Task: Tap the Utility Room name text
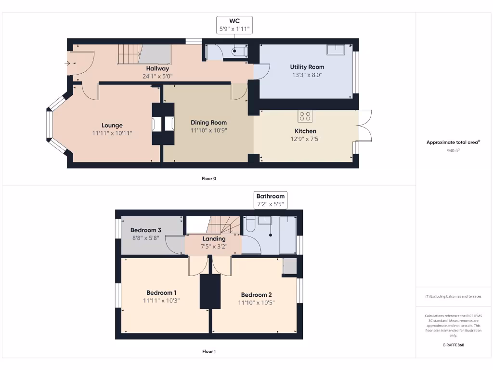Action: click(x=307, y=67)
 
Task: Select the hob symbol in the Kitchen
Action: click(x=305, y=116)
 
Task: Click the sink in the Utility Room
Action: click(x=336, y=50)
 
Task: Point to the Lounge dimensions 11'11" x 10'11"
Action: click(x=112, y=133)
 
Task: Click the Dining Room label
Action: click(x=208, y=122)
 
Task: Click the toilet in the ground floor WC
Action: click(x=239, y=52)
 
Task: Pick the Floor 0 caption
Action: click(x=208, y=178)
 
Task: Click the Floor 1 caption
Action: click(x=208, y=351)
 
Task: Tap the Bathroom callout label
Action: click(x=270, y=196)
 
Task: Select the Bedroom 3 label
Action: click(x=145, y=230)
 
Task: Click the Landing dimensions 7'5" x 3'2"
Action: click(x=214, y=246)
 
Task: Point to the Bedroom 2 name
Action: click(x=256, y=295)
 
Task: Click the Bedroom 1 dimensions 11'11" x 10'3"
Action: click(x=161, y=301)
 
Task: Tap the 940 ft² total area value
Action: click(x=453, y=151)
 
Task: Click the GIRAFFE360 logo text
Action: click(x=453, y=345)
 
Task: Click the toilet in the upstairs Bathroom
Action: click(x=250, y=224)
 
